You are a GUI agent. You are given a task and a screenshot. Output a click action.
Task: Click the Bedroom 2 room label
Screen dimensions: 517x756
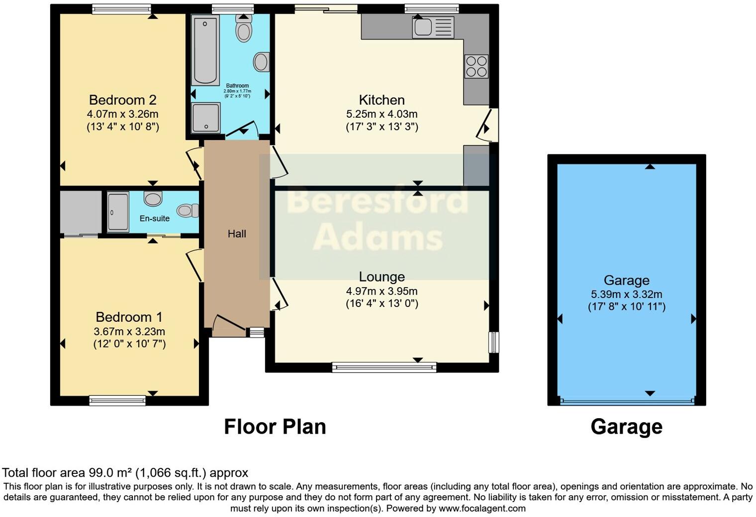coord(122,100)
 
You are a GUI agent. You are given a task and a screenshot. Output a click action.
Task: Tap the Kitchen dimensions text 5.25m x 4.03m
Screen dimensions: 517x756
coord(381,114)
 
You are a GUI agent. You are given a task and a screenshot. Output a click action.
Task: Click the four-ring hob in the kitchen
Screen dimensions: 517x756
coord(476,67)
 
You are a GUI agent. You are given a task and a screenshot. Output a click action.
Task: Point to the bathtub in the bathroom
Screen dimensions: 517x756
coord(205,50)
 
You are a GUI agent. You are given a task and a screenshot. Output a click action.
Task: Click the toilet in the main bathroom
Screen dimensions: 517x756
coord(243,29)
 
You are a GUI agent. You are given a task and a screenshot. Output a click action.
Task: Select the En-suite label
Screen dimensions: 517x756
coord(154,219)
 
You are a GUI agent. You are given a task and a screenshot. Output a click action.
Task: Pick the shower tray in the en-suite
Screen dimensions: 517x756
coord(118,212)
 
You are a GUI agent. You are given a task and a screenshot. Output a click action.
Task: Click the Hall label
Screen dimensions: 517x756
coord(237,234)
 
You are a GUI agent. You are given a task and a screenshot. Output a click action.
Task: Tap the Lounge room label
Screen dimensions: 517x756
coord(381,277)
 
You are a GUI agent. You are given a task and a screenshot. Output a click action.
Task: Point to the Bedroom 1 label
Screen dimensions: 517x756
coord(129,317)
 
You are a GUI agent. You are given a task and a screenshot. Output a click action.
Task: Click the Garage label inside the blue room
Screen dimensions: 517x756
coord(626,281)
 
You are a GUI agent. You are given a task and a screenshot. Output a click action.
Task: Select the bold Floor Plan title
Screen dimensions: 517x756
coord(275,427)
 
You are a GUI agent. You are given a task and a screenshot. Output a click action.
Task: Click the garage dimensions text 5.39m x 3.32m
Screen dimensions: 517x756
coord(626,295)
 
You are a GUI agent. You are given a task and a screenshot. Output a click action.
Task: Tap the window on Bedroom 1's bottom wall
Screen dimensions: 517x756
coord(117,400)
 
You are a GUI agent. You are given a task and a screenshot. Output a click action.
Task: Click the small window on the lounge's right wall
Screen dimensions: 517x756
coord(493,342)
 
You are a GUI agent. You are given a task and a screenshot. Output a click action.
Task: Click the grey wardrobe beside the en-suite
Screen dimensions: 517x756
coord(80,212)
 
